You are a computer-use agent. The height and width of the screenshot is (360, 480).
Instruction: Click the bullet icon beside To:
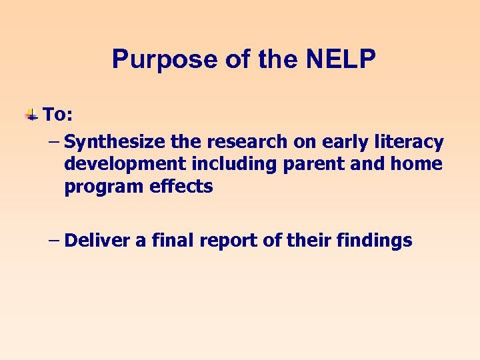click(31, 115)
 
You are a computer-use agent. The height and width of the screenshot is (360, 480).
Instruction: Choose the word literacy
click(410, 142)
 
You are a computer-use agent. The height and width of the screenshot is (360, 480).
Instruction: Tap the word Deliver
click(99, 240)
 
